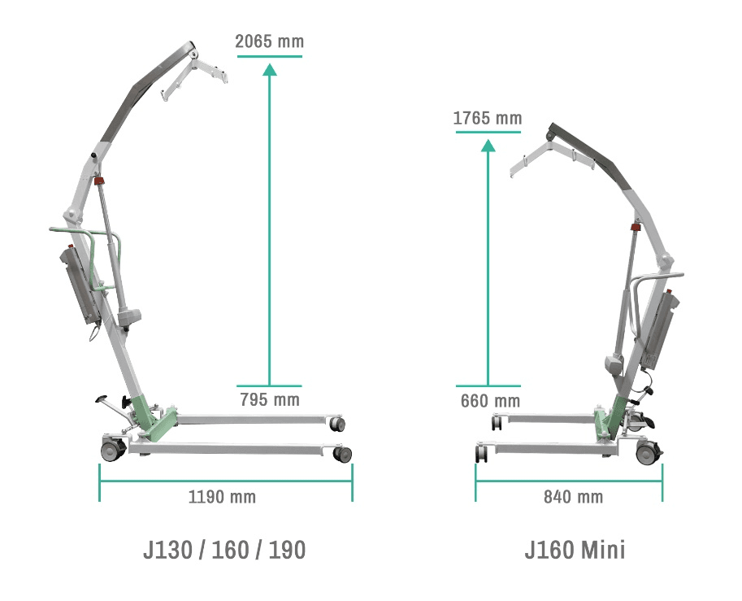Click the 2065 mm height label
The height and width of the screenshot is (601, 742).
(x=269, y=41)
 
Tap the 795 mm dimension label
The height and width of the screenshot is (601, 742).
(x=270, y=400)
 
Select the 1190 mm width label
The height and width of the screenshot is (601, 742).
(x=223, y=497)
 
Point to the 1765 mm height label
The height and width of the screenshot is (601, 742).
(x=488, y=118)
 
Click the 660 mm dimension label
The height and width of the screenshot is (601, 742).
(x=490, y=401)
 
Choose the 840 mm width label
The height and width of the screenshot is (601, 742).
(x=574, y=497)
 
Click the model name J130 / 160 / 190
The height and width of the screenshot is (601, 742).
(x=224, y=550)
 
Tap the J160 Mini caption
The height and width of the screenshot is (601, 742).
(x=575, y=550)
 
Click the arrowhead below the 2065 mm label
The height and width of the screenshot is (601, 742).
(x=270, y=70)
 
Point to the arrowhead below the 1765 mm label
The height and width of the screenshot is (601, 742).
(x=488, y=146)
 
